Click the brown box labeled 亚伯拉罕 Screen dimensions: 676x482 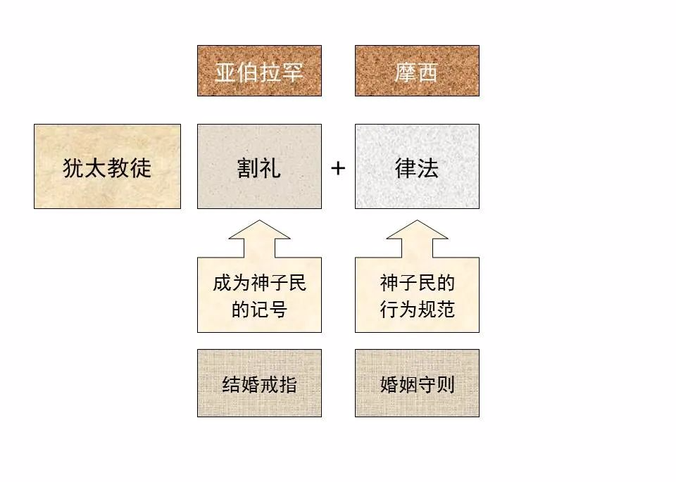pyautogui.click(x=259, y=70)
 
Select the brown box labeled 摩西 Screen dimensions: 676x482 pyautogui.click(x=417, y=70)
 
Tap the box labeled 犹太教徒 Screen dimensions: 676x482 pyautogui.click(x=107, y=166)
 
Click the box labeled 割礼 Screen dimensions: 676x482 pyautogui.click(x=259, y=166)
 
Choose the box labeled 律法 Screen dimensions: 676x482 pyautogui.click(x=417, y=166)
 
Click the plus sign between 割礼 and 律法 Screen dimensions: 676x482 pyautogui.click(x=338, y=168)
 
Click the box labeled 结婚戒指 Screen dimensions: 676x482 pyautogui.click(x=259, y=383)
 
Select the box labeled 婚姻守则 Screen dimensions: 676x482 pyautogui.click(x=417, y=383)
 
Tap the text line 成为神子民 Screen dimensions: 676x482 pyautogui.click(x=260, y=283)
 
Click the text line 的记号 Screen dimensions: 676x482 pyautogui.click(x=260, y=309)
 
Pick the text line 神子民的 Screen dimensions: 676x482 pyautogui.click(x=418, y=283)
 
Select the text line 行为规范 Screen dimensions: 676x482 pyautogui.click(x=418, y=309)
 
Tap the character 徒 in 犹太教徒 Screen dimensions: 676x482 pyautogui.click(x=141, y=167)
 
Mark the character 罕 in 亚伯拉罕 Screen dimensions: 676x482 pyautogui.click(x=292, y=72)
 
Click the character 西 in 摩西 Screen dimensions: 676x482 pyautogui.click(x=427, y=72)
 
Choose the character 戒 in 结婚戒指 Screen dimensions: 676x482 pyautogui.click(x=268, y=384)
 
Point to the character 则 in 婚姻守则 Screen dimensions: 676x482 pyautogui.click(x=445, y=384)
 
